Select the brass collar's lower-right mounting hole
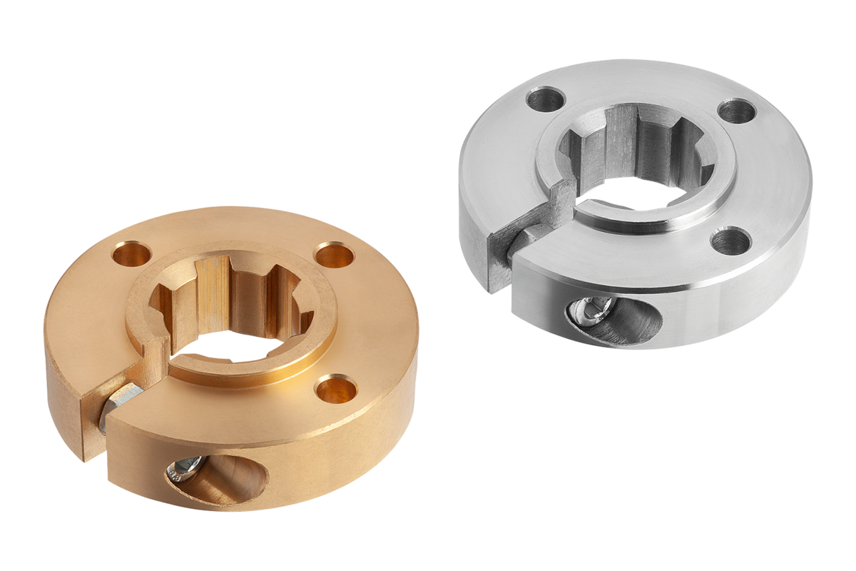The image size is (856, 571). click(x=334, y=390)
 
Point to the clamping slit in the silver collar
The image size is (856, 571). click(x=499, y=264)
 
